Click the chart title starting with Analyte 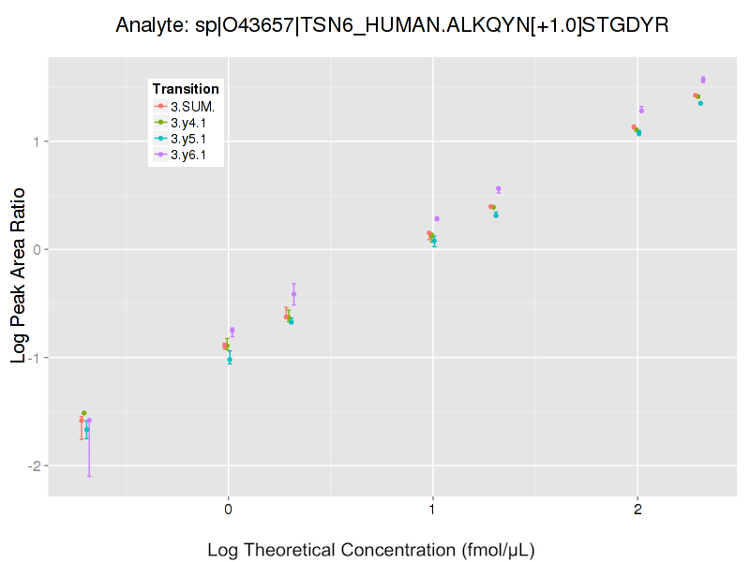(x=392, y=26)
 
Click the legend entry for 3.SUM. (x=187, y=106)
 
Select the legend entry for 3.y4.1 (x=187, y=122)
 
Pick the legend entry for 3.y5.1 (x=187, y=138)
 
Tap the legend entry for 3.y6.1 (x=187, y=154)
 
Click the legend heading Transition (x=186, y=89)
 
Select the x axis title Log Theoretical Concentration (x=370, y=549)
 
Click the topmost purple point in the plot (x=703, y=80)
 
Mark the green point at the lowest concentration (x=83, y=413)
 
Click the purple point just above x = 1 (x=437, y=219)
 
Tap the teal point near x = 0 (x=230, y=360)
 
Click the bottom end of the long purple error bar (x=89, y=476)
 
